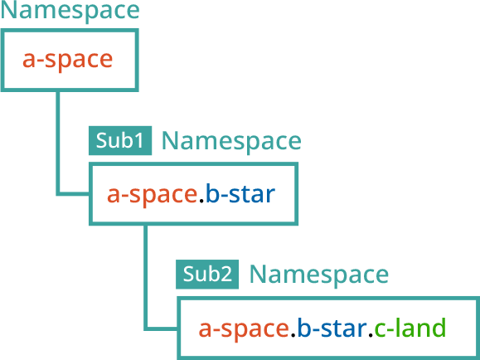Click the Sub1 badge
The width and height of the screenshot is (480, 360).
120,140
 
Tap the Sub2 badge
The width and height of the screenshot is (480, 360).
207,275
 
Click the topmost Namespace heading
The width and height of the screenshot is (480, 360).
70,12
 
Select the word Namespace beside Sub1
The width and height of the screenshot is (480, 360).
231,142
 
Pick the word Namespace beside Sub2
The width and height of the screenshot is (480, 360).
319,275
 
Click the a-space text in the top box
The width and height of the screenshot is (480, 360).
68,60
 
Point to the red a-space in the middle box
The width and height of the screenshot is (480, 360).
152,195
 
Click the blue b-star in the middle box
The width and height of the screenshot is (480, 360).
240,193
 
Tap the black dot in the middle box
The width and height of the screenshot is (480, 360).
201,201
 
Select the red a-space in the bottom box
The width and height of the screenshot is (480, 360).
244,328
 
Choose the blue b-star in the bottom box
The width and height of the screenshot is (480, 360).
332,328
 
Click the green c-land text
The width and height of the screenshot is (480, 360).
410,328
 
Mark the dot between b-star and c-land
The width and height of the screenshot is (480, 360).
371,334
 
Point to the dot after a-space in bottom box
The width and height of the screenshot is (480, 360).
293,334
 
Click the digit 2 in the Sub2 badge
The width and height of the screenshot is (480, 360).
226,275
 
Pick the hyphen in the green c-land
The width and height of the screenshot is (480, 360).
390,329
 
